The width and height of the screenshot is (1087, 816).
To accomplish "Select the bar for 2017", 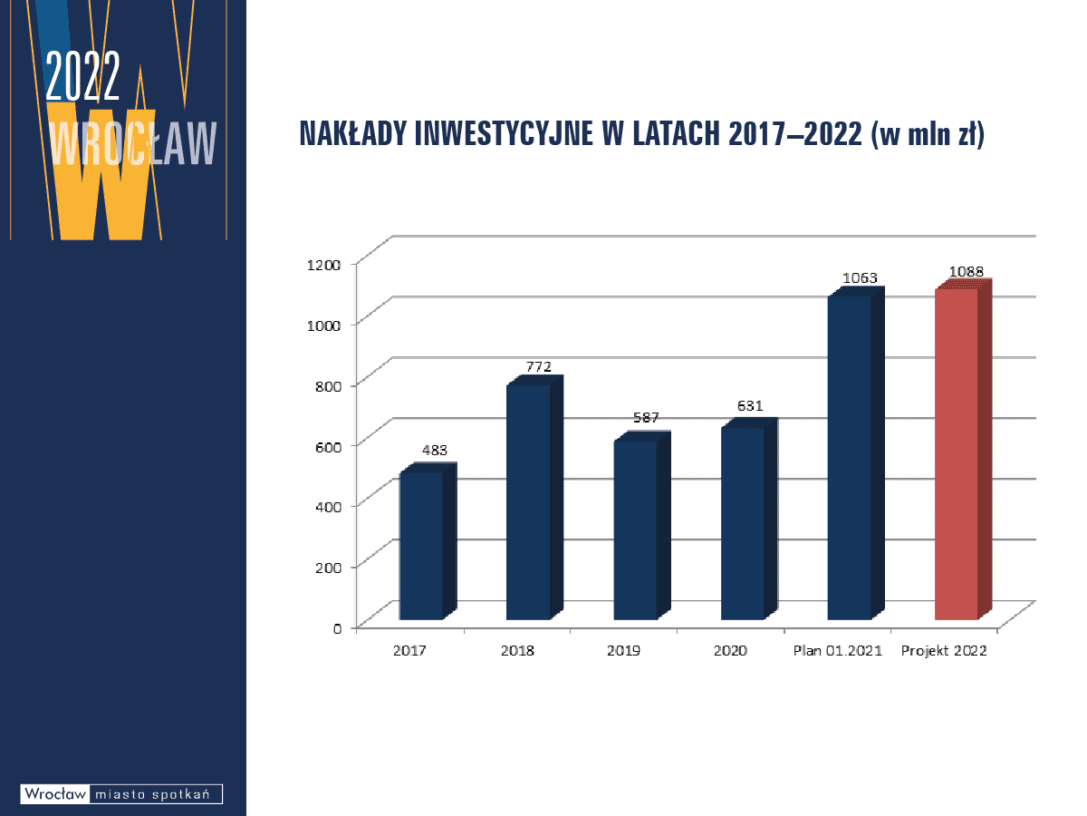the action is (428, 541).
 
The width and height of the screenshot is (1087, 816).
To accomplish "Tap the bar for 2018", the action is (534, 498).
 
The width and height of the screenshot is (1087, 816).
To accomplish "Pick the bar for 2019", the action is (642, 525).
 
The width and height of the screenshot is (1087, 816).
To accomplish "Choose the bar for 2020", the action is (749, 519).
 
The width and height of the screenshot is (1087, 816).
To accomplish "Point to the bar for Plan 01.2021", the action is (856, 452).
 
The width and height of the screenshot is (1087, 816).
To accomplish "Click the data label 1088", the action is (966, 271).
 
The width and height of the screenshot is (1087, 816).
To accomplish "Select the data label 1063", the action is (860, 277).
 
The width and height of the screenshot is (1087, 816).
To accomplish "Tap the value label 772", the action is (538, 366).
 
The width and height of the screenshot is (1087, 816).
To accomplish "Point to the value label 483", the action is (434, 450).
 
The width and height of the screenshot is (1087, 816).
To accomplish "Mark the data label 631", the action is (750, 406).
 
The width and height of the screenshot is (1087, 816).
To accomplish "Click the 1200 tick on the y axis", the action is (324, 265).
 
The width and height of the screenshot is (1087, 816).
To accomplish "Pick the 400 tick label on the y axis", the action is (328, 507).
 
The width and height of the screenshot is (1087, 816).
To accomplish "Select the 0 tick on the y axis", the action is (337, 628).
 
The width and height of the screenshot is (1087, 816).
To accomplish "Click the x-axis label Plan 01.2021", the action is (838, 650).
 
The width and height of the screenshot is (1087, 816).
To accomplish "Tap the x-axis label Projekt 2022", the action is (944, 650).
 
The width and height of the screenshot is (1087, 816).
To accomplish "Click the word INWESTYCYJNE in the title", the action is (504, 133).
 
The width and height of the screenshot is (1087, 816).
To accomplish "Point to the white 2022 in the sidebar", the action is (82, 76).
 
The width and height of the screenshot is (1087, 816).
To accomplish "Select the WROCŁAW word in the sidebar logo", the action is (133, 142).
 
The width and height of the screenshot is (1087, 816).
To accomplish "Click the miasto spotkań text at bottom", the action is (152, 794).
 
